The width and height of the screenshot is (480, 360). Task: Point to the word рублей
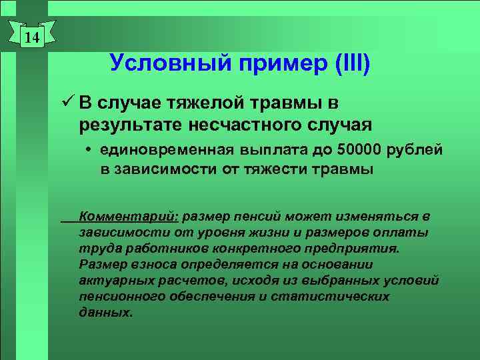point(417,150)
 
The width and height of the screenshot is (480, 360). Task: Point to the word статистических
point(340,296)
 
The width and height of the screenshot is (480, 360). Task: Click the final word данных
point(105,312)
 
